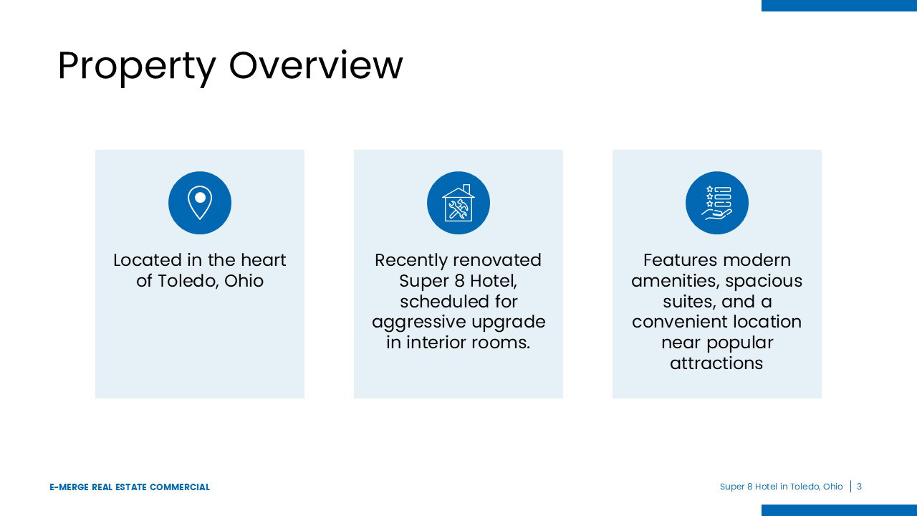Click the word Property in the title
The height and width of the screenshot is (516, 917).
point(137,67)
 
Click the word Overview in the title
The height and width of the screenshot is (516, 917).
point(316,64)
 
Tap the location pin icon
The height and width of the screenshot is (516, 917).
point(200,203)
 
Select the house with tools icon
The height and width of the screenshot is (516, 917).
point(458,203)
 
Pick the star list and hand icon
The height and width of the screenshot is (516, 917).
point(717,203)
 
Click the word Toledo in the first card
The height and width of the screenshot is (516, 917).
point(190,281)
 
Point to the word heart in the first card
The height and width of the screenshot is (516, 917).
point(263,260)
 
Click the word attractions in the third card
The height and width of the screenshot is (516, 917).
point(716,363)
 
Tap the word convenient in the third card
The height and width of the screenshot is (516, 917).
point(676,322)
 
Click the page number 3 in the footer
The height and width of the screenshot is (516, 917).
point(859,487)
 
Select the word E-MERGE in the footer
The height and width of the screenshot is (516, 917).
point(69,487)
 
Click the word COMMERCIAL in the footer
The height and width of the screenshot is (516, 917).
point(180,487)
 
